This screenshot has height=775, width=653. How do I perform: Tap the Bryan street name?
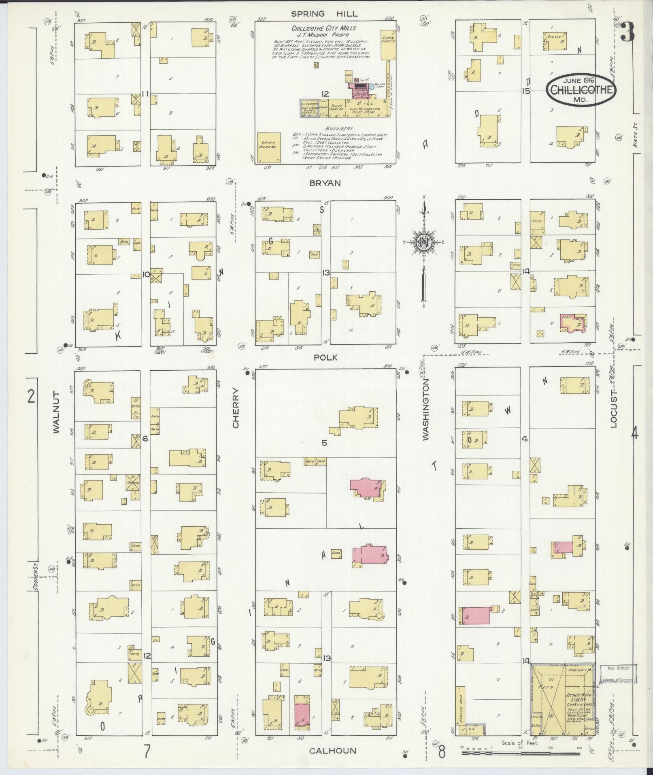[x=325, y=183]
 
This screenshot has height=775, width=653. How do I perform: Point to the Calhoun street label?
[x=333, y=751]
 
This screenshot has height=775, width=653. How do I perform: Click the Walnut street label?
[x=56, y=412]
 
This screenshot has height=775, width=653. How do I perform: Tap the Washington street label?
[x=425, y=412]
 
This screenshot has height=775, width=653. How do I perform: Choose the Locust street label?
[x=613, y=409]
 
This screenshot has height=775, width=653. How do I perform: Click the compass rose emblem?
[x=423, y=243]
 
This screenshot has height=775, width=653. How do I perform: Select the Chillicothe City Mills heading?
[x=324, y=28]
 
